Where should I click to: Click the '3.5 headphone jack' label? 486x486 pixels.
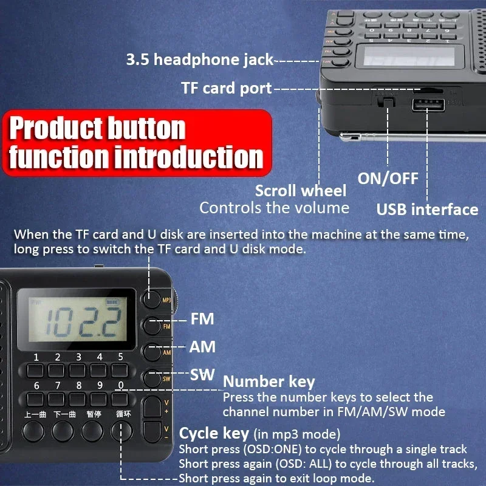(200, 60)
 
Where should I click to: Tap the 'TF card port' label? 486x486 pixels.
(226, 88)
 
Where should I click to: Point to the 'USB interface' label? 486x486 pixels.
(427, 210)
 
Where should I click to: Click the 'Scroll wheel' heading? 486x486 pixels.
(301, 191)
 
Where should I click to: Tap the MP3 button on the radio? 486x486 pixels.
(152, 299)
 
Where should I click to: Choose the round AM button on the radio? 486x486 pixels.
(152, 352)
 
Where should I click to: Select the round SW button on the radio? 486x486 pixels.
(152, 378)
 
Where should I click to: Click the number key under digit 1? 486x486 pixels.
(35, 370)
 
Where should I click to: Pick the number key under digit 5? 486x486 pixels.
(120, 370)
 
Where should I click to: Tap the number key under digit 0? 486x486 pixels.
(120, 399)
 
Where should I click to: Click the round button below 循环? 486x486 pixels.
(122, 431)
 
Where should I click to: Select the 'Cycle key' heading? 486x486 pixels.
(214, 433)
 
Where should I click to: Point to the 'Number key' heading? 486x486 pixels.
(269, 382)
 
